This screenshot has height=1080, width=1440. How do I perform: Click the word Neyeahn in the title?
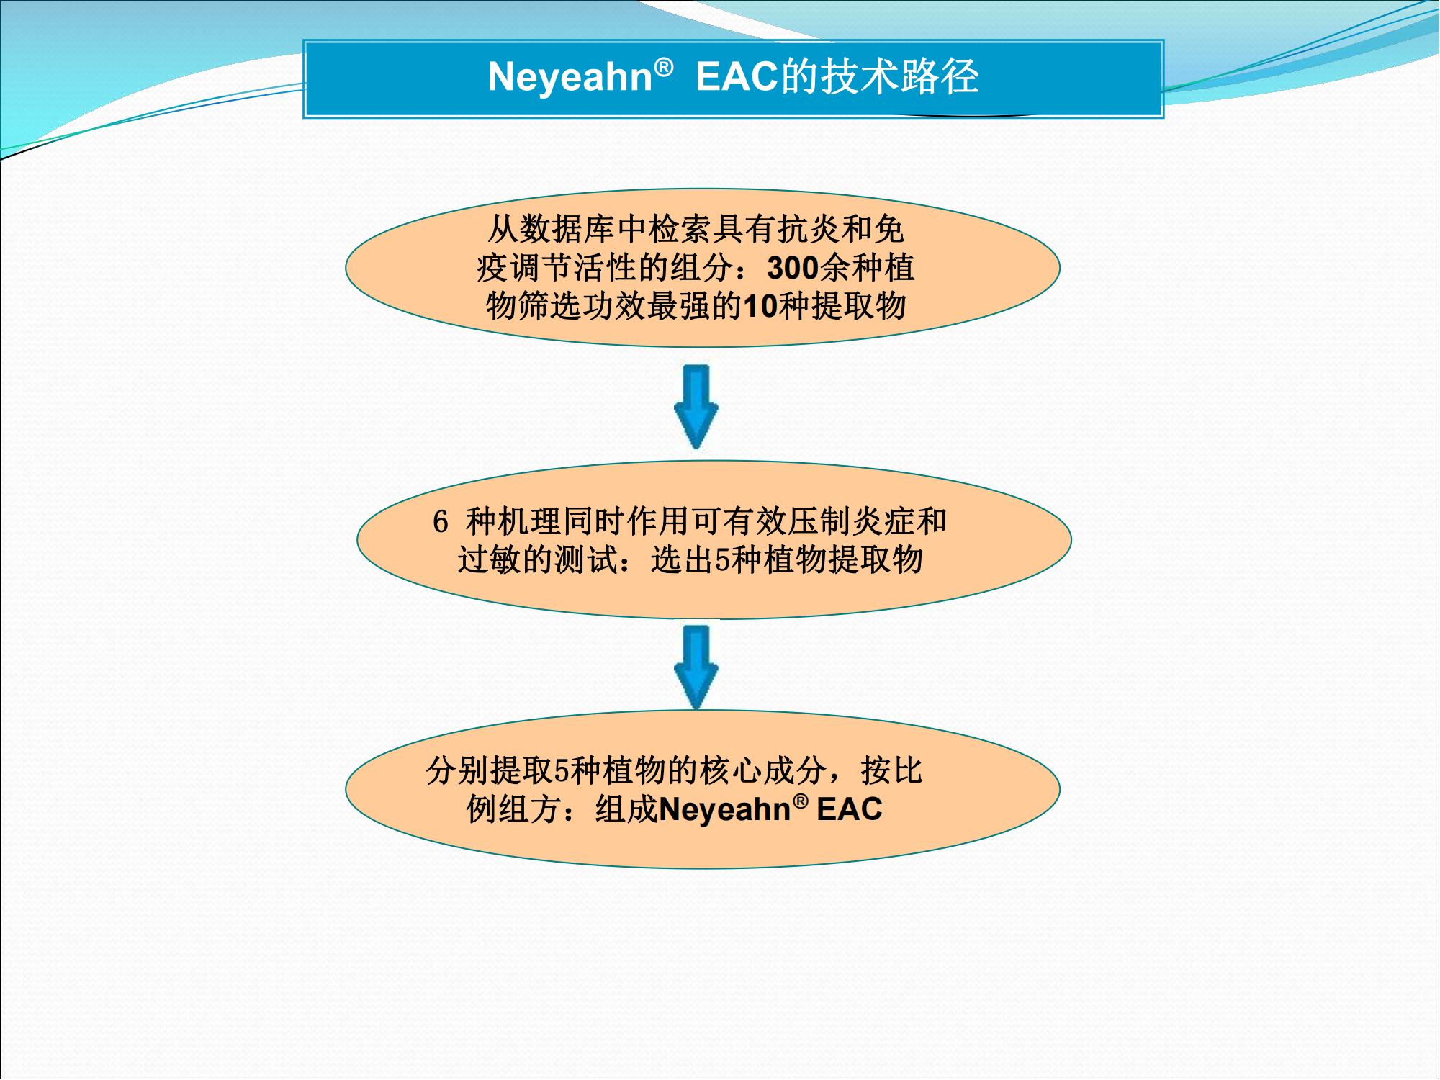[x=570, y=76]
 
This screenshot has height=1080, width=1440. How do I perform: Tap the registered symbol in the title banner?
[x=664, y=67]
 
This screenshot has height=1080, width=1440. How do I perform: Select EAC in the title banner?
[x=738, y=76]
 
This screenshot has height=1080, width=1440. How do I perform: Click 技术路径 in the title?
[x=899, y=76]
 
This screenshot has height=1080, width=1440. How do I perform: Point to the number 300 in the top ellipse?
[x=793, y=269]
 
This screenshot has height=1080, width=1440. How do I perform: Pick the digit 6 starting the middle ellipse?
[x=441, y=522]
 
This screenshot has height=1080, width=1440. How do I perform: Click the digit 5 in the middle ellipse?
[x=722, y=560]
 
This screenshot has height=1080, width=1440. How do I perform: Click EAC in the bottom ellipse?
[x=850, y=809]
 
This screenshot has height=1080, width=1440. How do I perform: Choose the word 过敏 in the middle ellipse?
[x=490, y=560]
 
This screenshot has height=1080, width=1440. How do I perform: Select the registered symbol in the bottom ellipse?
[x=800, y=801]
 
